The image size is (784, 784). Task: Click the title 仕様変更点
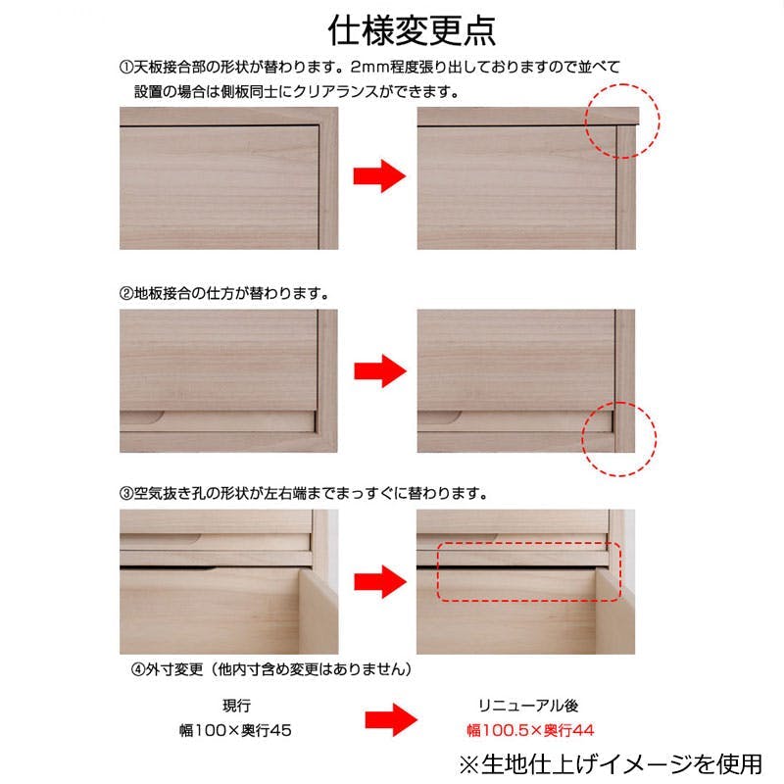pyautogui.click(x=412, y=31)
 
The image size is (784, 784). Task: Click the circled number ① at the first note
pyautogui.click(x=126, y=67)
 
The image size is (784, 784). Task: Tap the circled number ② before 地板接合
pyautogui.click(x=126, y=293)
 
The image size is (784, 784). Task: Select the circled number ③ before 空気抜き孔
pyautogui.click(x=126, y=494)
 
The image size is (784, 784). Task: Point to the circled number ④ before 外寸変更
pyautogui.click(x=138, y=669)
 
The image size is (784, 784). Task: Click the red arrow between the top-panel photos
pyautogui.click(x=379, y=176)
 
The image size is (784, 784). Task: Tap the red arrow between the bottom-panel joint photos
pyautogui.click(x=380, y=371)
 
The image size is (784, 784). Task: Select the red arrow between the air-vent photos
pyautogui.click(x=380, y=582)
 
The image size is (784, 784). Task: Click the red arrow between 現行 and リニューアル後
pyautogui.click(x=391, y=720)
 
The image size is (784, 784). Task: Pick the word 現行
pyautogui.click(x=236, y=706)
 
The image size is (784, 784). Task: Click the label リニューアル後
pyautogui.click(x=528, y=706)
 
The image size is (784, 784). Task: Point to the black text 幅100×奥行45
pyautogui.click(x=235, y=730)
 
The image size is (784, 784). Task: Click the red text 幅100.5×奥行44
pyautogui.click(x=530, y=730)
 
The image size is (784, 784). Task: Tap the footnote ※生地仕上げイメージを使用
pyautogui.click(x=611, y=765)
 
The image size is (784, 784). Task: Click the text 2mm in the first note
pyautogui.click(x=370, y=67)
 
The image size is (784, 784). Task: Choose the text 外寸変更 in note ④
pyautogui.click(x=174, y=669)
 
